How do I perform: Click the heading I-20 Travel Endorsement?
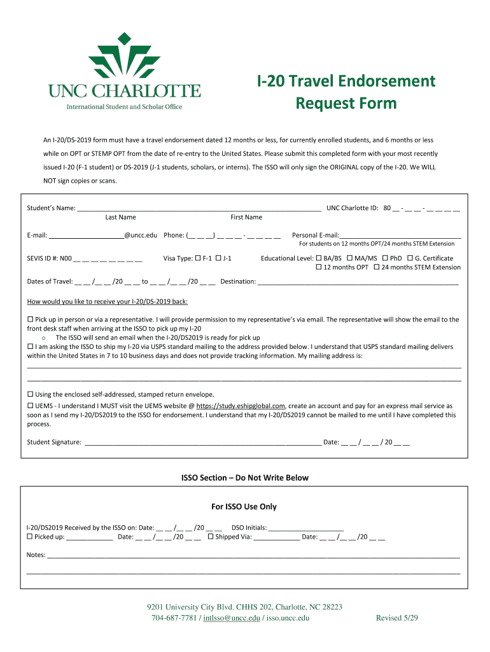346,81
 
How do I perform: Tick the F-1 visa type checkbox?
197,259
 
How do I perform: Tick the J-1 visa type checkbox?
218,259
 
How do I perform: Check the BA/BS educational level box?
319,259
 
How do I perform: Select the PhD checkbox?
385,259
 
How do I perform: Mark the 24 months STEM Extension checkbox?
377,267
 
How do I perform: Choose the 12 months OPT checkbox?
319,267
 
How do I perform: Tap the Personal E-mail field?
400,234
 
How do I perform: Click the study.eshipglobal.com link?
241,406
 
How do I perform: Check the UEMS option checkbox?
30,406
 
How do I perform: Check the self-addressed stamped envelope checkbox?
30,394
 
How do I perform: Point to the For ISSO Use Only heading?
244,507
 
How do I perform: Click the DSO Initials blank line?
306,528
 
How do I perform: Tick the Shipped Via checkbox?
211,537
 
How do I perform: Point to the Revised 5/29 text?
397,618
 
